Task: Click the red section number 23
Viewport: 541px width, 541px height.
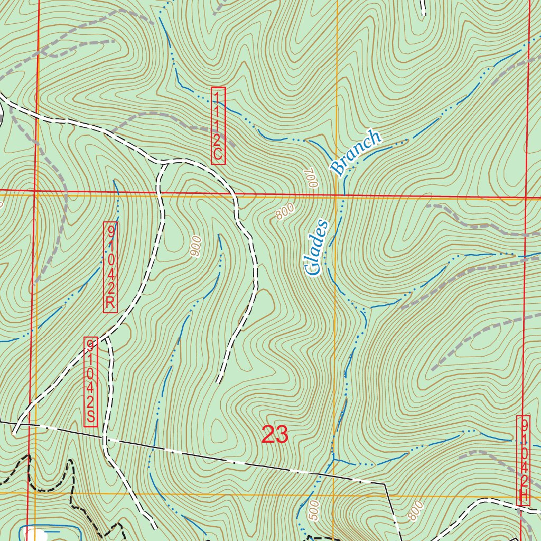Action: pyautogui.click(x=275, y=434)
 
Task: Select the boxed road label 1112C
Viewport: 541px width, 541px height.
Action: pyautogui.click(x=218, y=126)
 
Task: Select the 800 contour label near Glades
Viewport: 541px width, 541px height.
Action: pyautogui.click(x=284, y=212)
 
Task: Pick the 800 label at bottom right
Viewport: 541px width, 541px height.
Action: pyautogui.click(x=415, y=510)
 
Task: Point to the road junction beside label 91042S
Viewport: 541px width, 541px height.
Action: pyautogui.click(x=107, y=337)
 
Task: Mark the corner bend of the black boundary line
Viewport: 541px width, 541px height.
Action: pyautogui.click(x=385, y=483)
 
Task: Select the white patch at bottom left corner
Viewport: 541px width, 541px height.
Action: pyautogui.click(x=35, y=535)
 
